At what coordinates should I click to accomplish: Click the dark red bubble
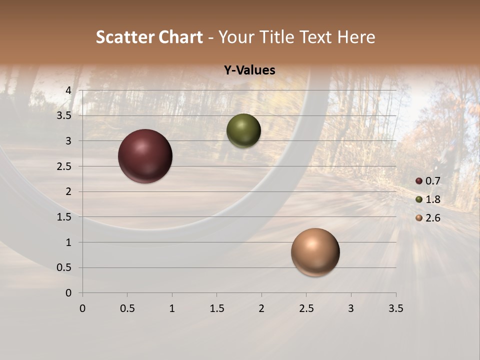tap(145, 156)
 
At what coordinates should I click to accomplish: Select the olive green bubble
tap(243, 131)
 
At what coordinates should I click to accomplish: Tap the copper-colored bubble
tap(315, 252)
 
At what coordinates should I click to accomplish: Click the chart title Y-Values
tap(249, 70)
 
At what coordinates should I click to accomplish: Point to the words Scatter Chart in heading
tap(149, 37)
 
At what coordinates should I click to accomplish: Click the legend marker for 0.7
tap(419, 181)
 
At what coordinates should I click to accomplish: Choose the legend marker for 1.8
tap(419, 199)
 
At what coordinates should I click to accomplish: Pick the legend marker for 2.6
tap(419, 218)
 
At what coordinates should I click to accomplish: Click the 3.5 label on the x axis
tap(395, 308)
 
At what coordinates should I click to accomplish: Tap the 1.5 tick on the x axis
tap(216, 308)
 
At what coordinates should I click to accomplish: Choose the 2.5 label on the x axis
tap(306, 308)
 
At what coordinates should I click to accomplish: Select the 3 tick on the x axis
tap(351, 308)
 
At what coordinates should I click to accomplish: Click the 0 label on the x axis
tap(82, 308)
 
